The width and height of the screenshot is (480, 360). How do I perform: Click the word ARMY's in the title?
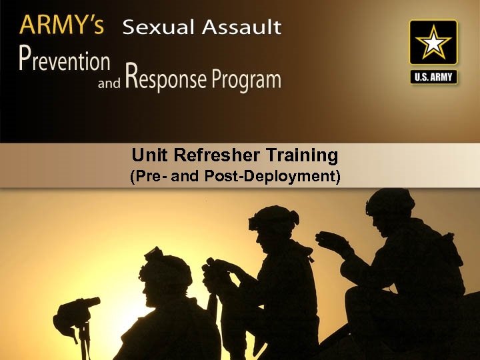click(x=61, y=26)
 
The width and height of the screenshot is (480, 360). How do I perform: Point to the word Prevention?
click(x=64, y=61)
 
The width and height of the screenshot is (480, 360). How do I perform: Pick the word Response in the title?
click(x=165, y=79)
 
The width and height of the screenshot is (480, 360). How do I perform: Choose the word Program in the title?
click(x=246, y=80)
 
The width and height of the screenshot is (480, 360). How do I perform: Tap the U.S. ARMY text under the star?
click(x=433, y=77)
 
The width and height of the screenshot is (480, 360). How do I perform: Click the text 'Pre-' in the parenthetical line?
click(x=153, y=178)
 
